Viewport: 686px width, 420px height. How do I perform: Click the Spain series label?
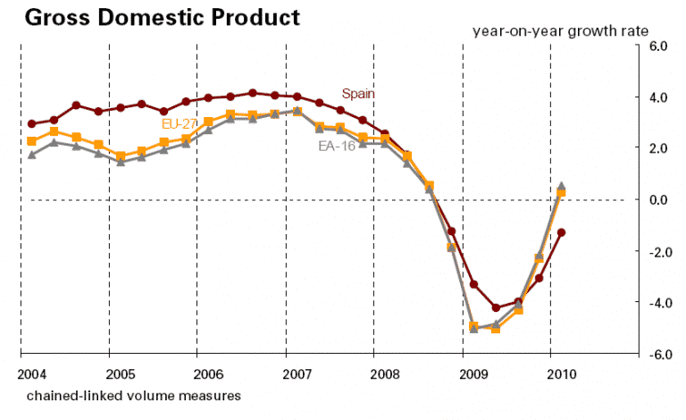point(360,93)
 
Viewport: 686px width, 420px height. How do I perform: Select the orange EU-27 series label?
point(179,123)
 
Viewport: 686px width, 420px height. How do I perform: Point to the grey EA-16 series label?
point(337,146)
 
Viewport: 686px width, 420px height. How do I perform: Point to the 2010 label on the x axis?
point(561,372)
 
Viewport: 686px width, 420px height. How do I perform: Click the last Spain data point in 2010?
point(562,232)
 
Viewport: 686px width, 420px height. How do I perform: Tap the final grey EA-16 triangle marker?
point(562,186)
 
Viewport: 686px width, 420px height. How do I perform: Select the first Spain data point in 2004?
point(32,124)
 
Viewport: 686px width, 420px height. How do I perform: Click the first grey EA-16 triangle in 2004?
point(32,155)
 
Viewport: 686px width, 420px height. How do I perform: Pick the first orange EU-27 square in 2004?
point(32,141)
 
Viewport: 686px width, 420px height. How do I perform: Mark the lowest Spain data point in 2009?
point(496,307)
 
